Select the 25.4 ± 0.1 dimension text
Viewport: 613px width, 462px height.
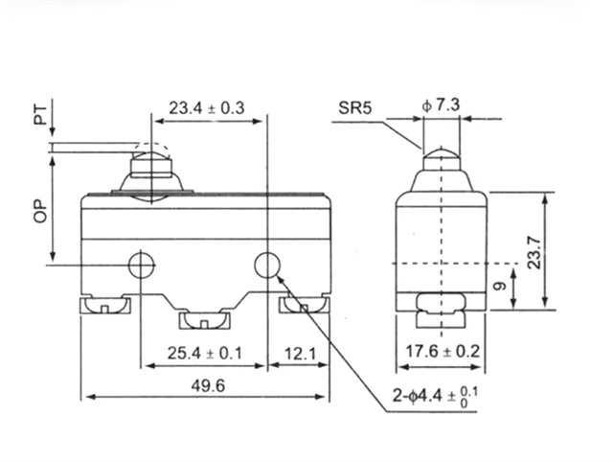coord(203,354)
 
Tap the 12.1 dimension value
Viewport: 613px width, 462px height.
coord(299,354)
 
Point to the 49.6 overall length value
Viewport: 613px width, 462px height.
coord(202,386)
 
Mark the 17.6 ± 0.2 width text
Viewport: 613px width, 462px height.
coord(442,353)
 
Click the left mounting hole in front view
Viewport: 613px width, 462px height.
coord(142,265)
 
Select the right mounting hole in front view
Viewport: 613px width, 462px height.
coord(266,265)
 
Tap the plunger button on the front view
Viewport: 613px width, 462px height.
coord(150,171)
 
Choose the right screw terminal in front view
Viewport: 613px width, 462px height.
coord(303,306)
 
